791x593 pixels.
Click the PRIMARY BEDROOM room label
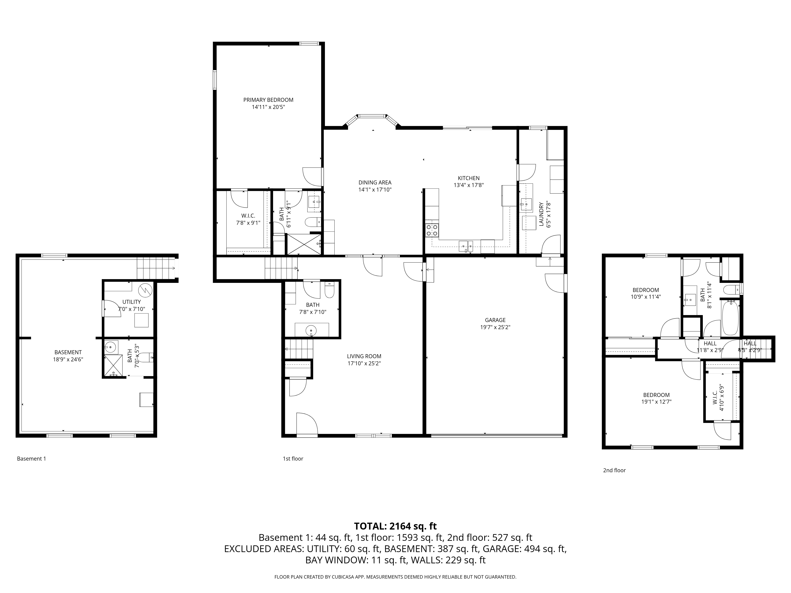click(268, 100)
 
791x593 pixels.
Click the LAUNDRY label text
click(541, 214)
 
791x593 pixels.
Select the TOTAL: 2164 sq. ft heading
click(395, 526)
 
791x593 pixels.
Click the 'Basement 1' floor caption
click(31, 459)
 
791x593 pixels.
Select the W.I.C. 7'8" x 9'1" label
click(248, 219)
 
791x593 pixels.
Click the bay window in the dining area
click(372, 117)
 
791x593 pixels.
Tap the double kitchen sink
click(466, 246)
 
